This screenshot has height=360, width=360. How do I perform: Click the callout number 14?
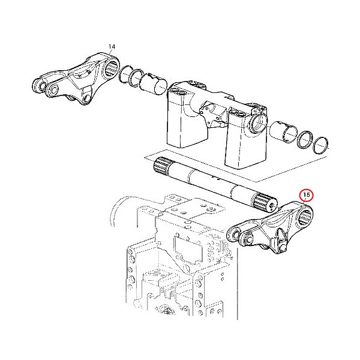point(111,46)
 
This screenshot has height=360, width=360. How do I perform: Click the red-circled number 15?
point(306,194)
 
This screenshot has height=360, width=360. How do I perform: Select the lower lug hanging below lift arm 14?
point(86,97)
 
